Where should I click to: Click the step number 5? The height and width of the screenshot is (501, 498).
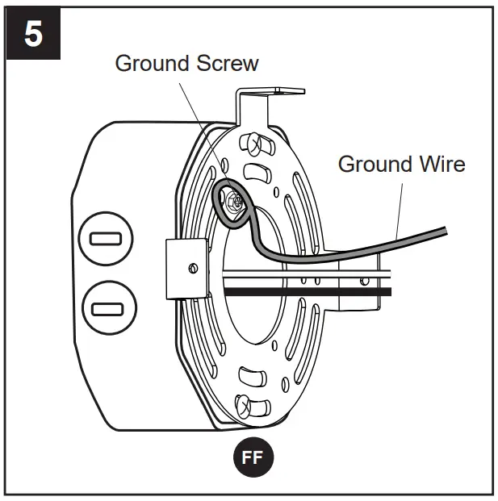click(x=34, y=36)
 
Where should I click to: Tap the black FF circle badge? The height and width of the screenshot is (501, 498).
click(x=253, y=457)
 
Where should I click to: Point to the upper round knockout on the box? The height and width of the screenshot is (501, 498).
click(x=106, y=240)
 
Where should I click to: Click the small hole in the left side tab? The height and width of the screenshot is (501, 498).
click(x=191, y=267)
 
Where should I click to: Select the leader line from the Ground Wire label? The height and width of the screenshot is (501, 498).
click(x=400, y=206)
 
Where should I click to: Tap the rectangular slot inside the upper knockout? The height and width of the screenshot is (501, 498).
click(x=106, y=240)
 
